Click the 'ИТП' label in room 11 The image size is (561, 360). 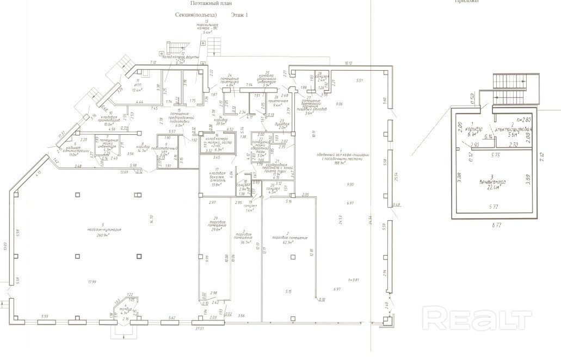click(136, 85)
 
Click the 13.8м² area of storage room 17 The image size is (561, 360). click(217, 185)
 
